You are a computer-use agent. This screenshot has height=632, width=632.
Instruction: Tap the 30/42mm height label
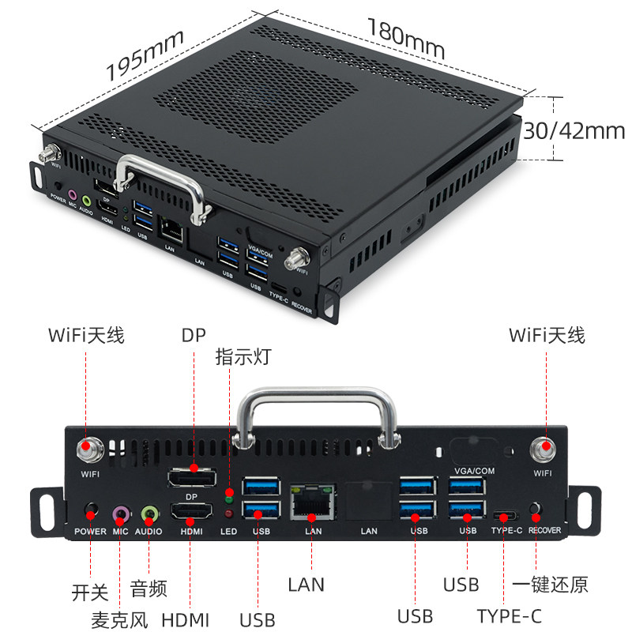click(x=575, y=130)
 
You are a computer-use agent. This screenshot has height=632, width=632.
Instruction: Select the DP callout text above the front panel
click(x=193, y=335)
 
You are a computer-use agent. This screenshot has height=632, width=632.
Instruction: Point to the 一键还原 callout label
click(x=550, y=585)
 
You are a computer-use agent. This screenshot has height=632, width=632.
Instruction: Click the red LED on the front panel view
click(x=229, y=513)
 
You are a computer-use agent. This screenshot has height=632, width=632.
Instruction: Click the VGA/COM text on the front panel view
click(x=476, y=471)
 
